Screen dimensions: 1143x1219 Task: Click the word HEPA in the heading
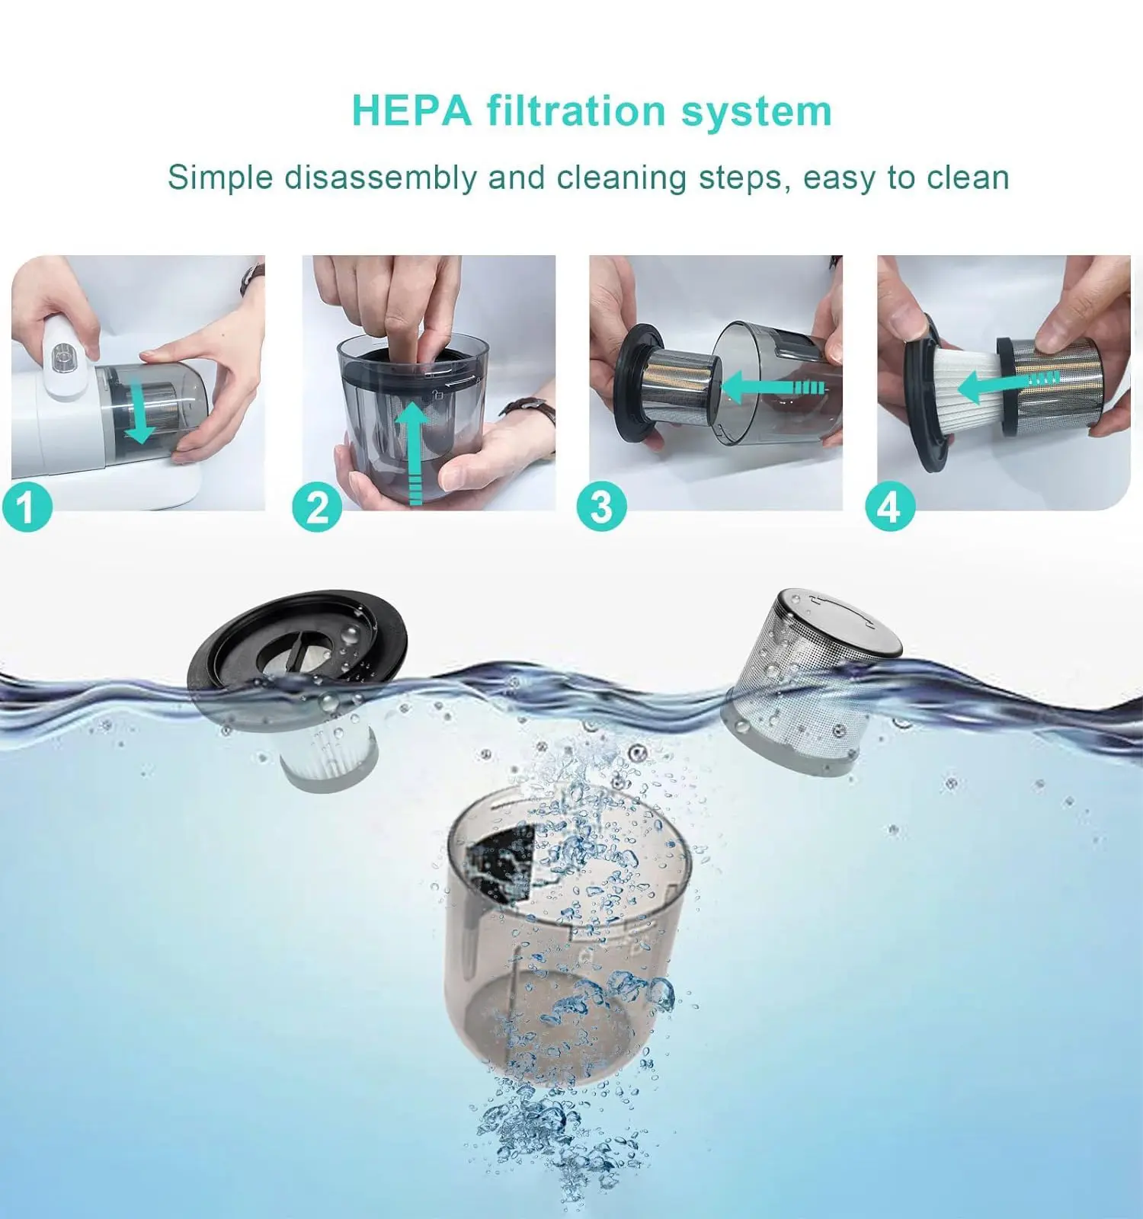coord(412,111)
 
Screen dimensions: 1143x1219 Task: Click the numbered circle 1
coord(27,507)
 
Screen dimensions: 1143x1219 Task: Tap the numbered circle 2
coord(317,507)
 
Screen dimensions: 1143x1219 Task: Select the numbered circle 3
coord(601,507)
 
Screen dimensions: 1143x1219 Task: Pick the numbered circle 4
coord(890,507)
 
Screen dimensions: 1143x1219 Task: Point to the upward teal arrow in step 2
coord(414,453)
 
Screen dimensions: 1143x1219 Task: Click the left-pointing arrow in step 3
coord(773,387)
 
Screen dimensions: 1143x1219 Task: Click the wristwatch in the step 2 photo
coord(530,414)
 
